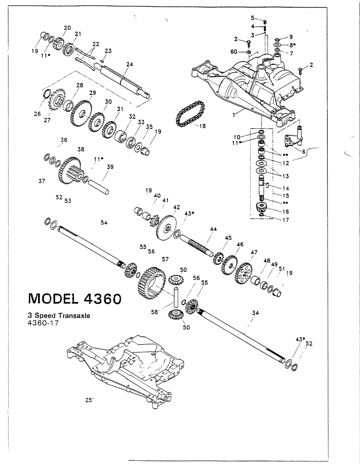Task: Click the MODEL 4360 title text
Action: (75, 298)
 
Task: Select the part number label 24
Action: (130, 64)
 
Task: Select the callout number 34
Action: (255, 313)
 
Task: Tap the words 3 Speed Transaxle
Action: (59, 315)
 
